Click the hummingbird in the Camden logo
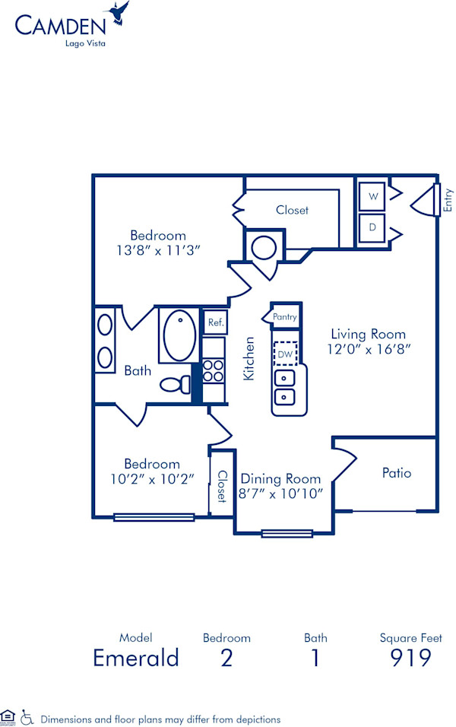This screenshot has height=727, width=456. tap(119, 14)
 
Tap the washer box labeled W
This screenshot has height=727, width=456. tap(372, 196)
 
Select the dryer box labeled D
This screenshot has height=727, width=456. tap(372, 227)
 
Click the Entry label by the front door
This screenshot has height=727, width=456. tap(448, 199)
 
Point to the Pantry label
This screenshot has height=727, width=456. tap(284, 317)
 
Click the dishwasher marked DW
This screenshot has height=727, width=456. tap(284, 354)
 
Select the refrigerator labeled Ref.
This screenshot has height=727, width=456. tap(215, 322)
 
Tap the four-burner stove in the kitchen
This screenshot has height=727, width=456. tap(214, 370)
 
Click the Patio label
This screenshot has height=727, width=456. tap(396, 473)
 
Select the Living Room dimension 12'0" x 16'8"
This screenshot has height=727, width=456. tap(368, 350)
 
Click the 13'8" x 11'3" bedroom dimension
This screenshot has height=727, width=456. tap(158, 250)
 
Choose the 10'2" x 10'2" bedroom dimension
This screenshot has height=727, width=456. tap(152, 479)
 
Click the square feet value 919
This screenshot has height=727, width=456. tap(411, 658)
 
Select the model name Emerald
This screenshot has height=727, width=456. tap(135, 658)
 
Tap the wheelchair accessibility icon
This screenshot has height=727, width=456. tap(27, 716)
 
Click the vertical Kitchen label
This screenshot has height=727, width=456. tap(248, 359)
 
